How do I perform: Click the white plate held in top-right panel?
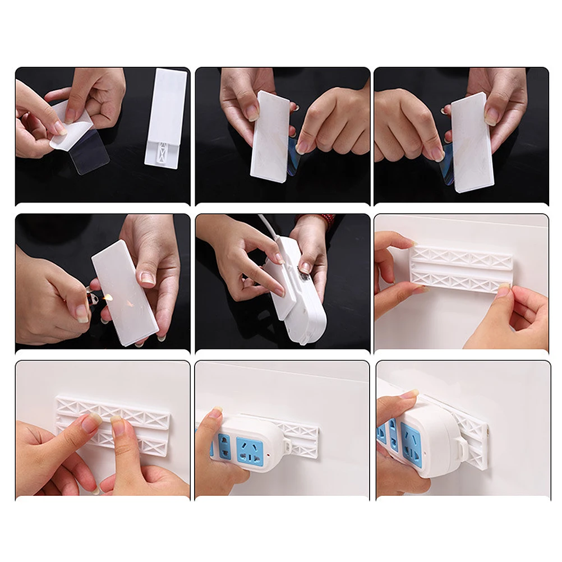point(472,142)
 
